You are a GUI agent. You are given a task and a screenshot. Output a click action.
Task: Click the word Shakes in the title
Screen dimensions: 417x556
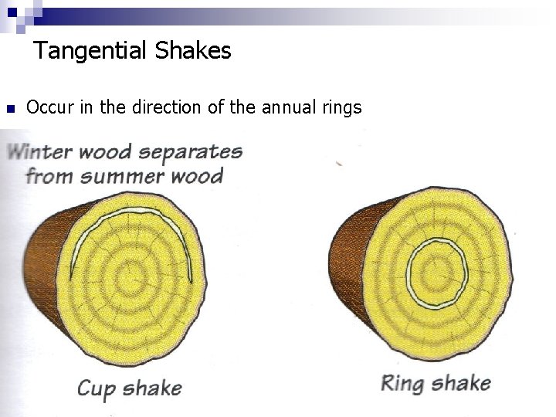point(193,52)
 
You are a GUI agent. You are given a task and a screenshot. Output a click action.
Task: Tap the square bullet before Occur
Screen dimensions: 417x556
point(10,108)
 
